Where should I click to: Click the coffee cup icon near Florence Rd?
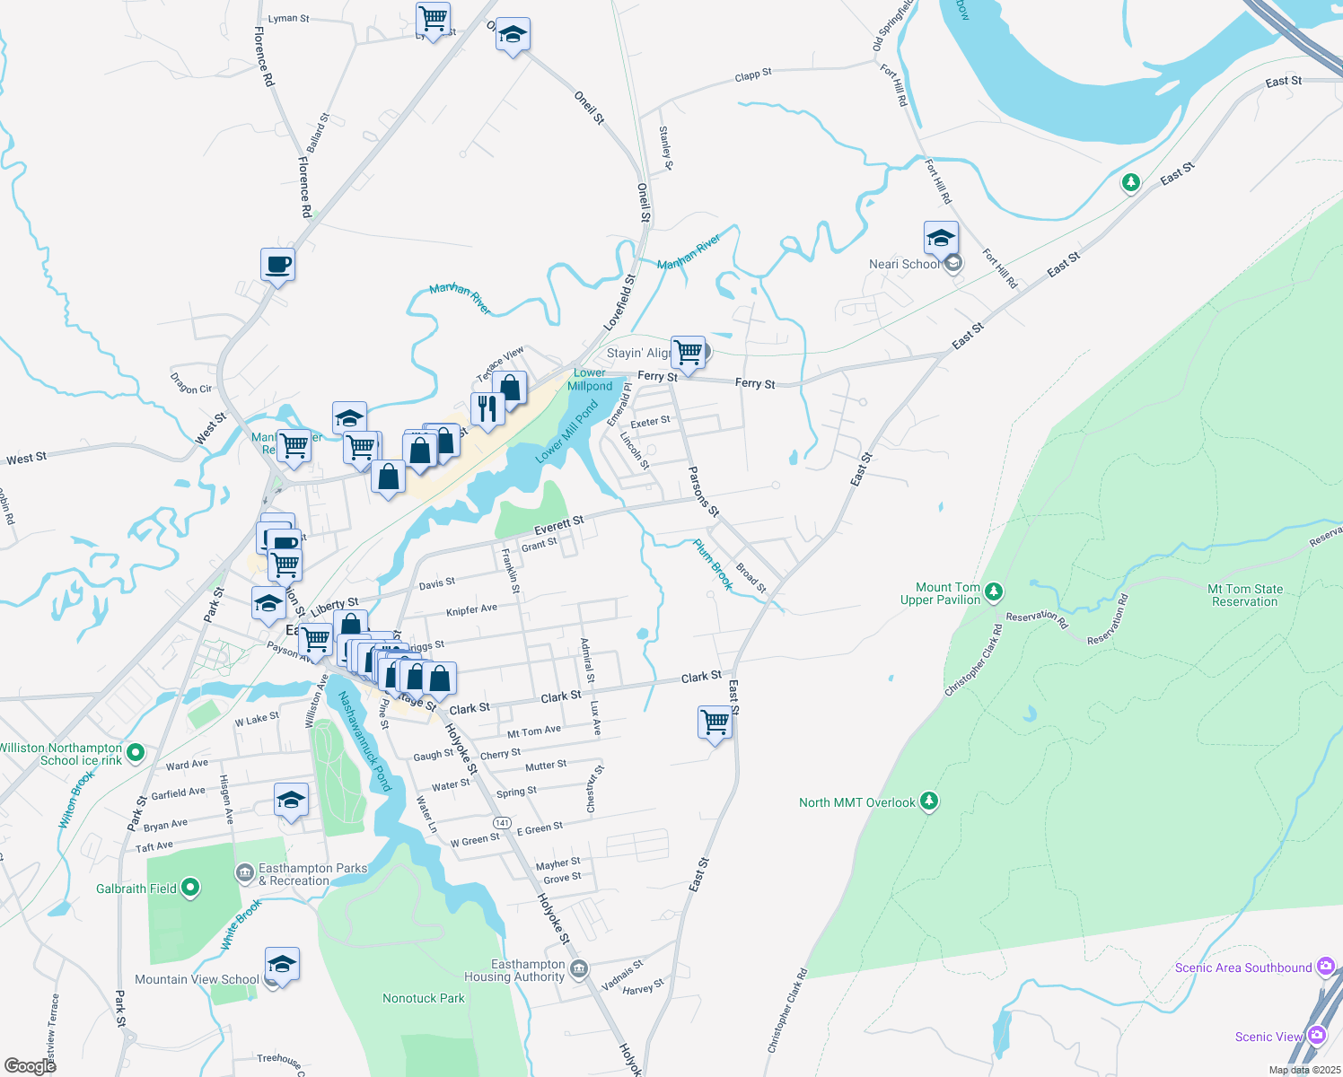click(278, 265)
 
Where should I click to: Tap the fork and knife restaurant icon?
click(487, 409)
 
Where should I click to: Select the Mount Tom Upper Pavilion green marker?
click(993, 591)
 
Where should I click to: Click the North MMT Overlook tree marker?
click(929, 801)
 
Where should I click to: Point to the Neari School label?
click(904, 264)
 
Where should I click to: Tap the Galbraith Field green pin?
click(189, 889)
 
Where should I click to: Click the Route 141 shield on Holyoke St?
click(502, 823)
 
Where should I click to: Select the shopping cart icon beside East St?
click(715, 722)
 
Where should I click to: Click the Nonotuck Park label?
click(424, 998)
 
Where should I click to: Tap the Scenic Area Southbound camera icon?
click(1326, 967)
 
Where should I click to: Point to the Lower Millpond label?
click(590, 380)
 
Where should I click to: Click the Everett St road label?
click(558, 525)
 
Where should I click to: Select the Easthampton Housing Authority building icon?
click(579, 969)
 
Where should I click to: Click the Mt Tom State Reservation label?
click(1244, 595)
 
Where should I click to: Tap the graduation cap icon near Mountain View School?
click(282, 965)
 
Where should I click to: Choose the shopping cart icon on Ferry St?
click(688, 352)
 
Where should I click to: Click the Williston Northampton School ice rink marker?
click(136, 752)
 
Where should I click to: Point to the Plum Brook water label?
click(714, 565)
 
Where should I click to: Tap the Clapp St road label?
click(752, 75)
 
